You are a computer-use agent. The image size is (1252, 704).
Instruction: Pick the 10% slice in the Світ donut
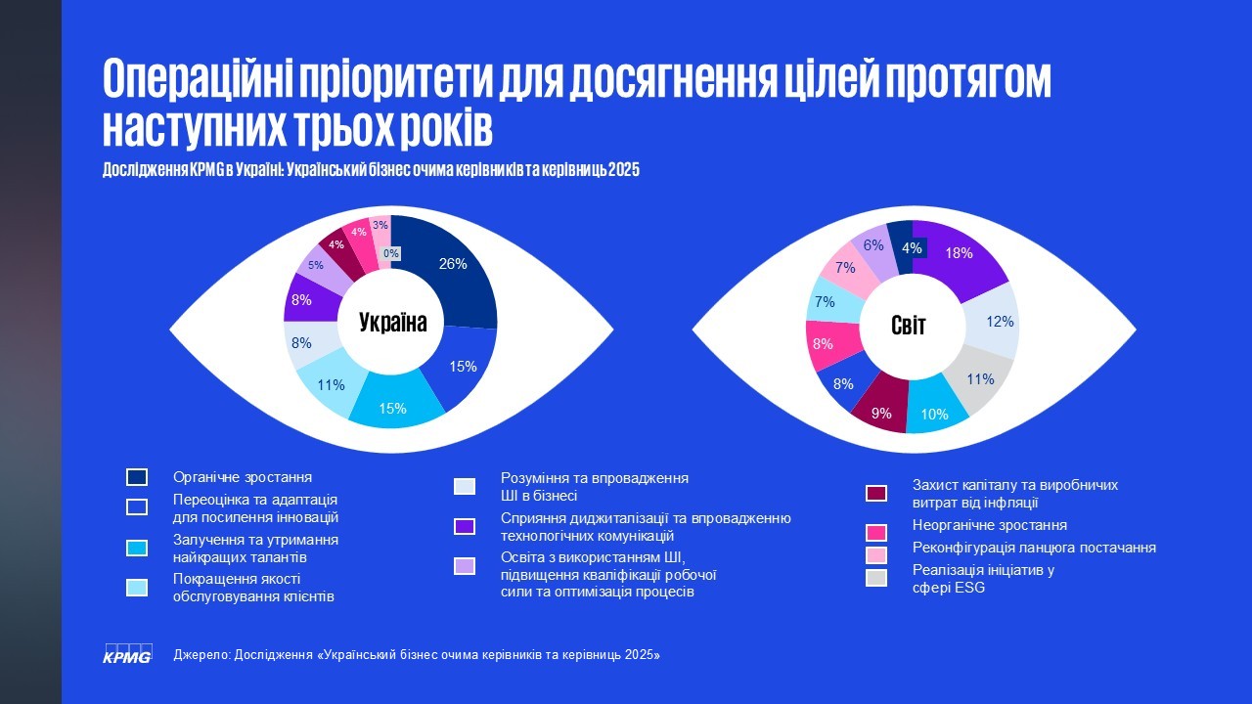click(935, 411)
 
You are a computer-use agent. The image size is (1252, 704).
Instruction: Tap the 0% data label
click(391, 254)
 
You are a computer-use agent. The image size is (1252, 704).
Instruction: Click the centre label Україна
click(392, 322)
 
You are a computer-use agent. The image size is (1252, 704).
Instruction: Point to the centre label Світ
click(908, 325)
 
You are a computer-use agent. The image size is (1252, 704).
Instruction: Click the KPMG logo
click(127, 653)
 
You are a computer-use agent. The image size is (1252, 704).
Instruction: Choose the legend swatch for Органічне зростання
click(137, 477)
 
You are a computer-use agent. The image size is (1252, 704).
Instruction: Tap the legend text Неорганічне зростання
click(989, 525)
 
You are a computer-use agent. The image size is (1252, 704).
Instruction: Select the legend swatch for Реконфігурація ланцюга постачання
click(876, 554)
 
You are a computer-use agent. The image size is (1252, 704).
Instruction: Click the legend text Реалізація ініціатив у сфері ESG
click(982, 579)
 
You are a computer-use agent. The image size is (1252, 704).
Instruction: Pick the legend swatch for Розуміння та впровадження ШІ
click(465, 486)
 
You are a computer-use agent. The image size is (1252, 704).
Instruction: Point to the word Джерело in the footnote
click(200, 654)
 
